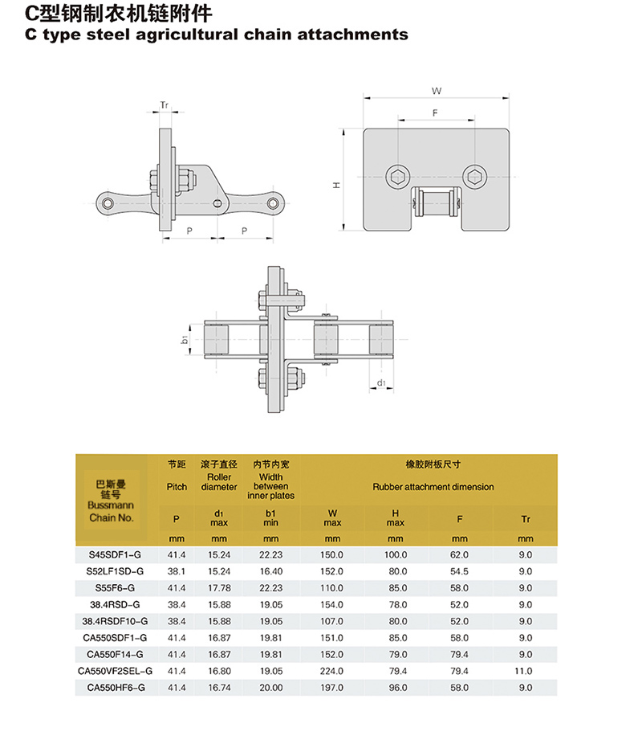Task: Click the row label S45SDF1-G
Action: (x=112, y=554)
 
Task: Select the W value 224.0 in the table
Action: (x=333, y=671)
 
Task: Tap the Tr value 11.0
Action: (x=526, y=671)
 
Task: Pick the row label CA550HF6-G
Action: (x=112, y=688)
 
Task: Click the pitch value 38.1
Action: (x=177, y=571)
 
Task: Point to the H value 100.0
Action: (x=396, y=554)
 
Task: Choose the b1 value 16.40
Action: (x=271, y=571)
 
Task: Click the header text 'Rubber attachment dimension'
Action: (x=433, y=487)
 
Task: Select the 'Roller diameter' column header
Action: (x=219, y=482)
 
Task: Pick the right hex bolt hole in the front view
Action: (x=473, y=175)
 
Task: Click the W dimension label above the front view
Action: (x=437, y=91)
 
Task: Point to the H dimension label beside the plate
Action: (x=337, y=185)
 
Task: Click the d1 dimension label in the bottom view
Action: (x=382, y=383)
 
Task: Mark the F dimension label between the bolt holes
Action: (x=434, y=114)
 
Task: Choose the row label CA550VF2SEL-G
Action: (x=112, y=671)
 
